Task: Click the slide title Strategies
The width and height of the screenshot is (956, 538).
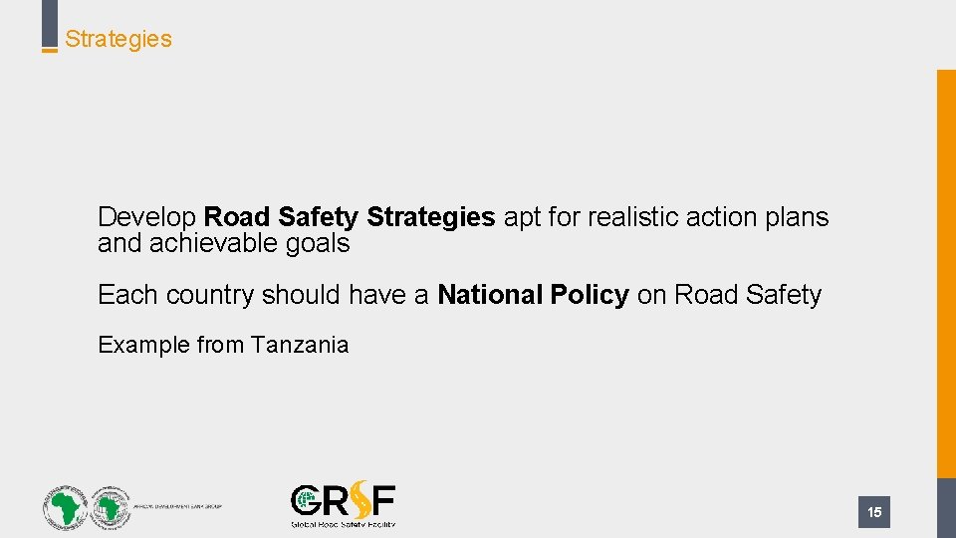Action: (119, 39)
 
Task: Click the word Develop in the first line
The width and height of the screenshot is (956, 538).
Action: (147, 217)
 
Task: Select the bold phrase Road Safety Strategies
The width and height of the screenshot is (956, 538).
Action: (350, 217)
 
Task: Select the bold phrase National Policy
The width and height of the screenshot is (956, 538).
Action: (533, 295)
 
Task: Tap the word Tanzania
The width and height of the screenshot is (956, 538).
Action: (300, 345)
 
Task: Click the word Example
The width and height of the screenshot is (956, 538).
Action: (143, 345)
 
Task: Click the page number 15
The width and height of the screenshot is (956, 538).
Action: (874, 512)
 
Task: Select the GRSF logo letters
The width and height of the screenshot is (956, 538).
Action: (343, 500)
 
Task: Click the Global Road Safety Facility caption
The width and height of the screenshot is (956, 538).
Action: (343, 523)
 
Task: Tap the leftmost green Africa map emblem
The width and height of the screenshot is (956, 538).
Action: (65, 507)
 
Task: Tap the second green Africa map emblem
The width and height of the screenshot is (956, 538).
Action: (110, 507)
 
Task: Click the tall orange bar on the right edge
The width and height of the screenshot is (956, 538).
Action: (946, 269)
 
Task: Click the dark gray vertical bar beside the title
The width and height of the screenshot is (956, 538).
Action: (49, 22)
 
